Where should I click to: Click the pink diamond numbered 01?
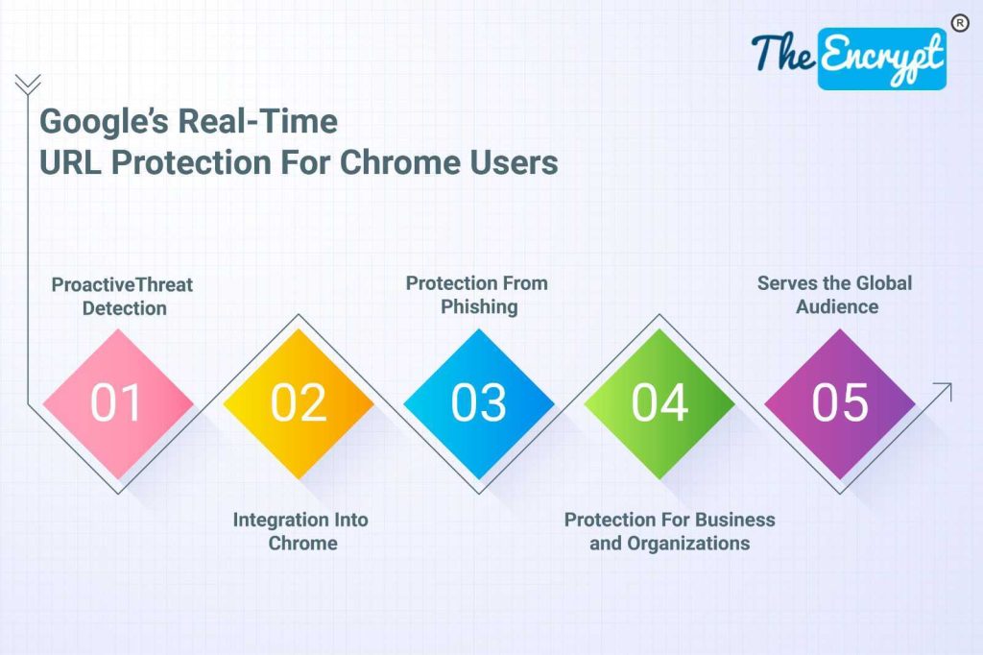pyautogui.click(x=118, y=403)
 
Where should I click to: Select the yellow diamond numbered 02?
pyautogui.click(x=299, y=403)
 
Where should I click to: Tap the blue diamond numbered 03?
pyautogui.click(x=479, y=403)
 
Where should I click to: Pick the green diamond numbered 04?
pyautogui.click(x=659, y=403)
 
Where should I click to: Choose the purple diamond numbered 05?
pyautogui.click(x=840, y=403)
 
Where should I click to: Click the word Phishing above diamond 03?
pyautogui.click(x=479, y=307)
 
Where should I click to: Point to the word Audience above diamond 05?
pyautogui.click(x=837, y=306)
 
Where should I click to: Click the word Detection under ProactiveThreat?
pyautogui.click(x=124, y=308)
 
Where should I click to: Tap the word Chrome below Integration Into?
pyautogui.click(x=302, y=544)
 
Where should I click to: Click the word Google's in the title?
pyautogui.click(x=104, y=122)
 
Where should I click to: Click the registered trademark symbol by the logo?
pyautogui.click(x=960, y=23)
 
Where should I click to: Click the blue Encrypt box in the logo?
pyautogui.click(x=882, y=59)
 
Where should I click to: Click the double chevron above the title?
pyautogui.click(x=28, y=85)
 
